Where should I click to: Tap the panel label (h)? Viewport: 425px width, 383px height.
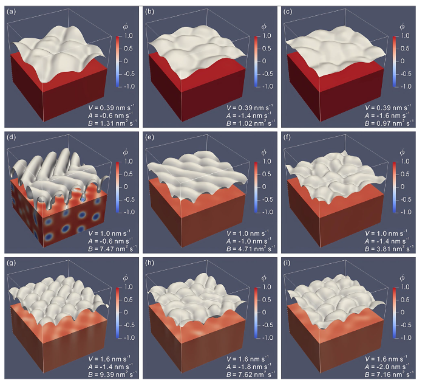(x=151, y=263)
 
